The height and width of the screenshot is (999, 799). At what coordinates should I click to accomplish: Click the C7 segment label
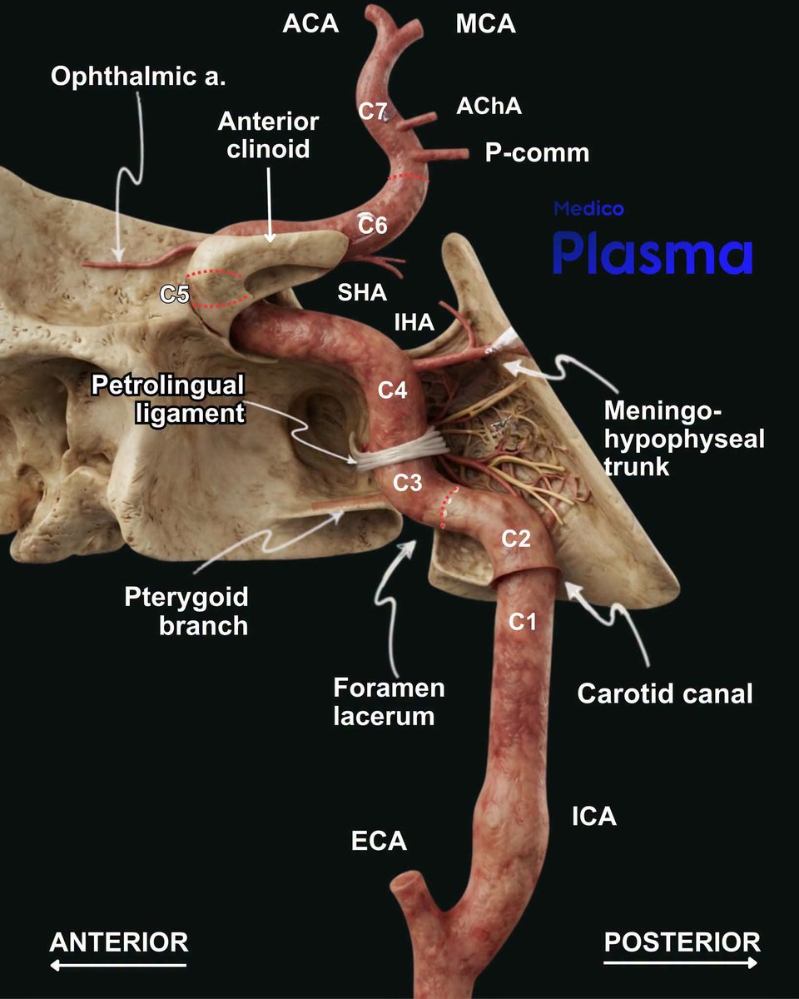tap(373, 111)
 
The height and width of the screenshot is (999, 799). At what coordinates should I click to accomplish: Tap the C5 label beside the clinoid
tap(175, 294)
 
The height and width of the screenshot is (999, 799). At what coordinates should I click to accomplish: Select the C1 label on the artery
tap(523, 622)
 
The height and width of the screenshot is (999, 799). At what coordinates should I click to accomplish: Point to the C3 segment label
tap(407, 483)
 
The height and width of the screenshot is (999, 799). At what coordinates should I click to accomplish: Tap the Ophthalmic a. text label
tap(138, 76)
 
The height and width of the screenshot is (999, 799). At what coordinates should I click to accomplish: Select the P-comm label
tap(537, 152)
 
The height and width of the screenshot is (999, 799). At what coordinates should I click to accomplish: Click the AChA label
tap(489, 107)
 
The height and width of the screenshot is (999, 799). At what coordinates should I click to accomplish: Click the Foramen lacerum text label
tap(389, 702)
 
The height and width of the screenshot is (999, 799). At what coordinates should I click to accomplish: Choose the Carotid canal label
tap(665, 693)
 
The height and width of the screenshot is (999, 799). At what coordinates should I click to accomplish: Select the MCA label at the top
tap(485, 23)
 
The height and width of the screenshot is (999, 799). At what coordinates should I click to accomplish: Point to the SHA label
tap(362, 292)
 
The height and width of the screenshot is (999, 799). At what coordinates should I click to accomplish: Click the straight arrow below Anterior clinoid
tap(270, 205)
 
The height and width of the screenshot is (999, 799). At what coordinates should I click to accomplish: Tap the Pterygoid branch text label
tap(186, 611)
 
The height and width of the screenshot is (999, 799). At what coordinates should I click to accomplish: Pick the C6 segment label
tap(372, 225)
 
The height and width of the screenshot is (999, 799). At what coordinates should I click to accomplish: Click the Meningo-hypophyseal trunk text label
tap(684, 439)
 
